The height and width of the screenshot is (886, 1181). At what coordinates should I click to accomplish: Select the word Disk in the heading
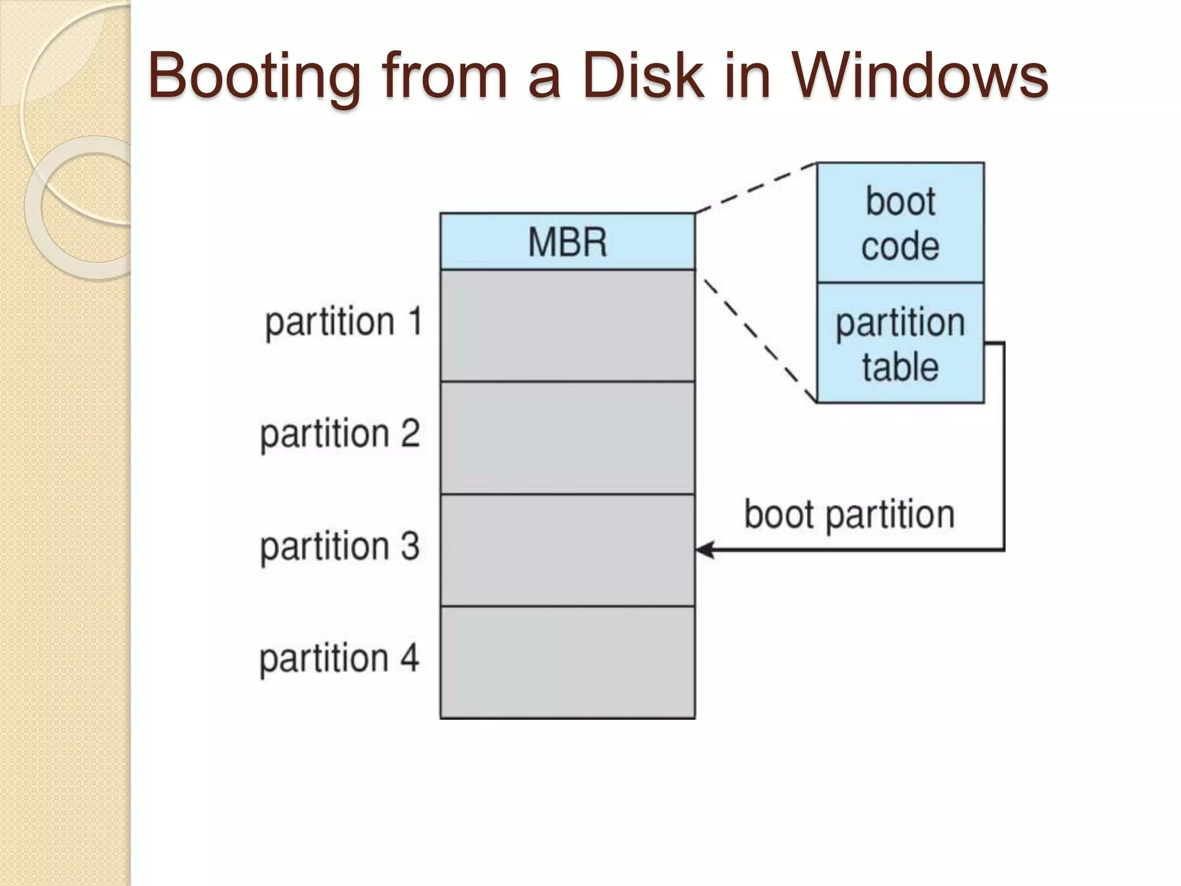tap(642, 75)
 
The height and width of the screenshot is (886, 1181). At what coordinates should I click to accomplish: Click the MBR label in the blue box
tap(567, 242)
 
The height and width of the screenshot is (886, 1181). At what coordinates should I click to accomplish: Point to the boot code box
tap(900, 223)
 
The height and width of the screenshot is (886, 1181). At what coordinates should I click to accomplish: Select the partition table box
tap(900, 344)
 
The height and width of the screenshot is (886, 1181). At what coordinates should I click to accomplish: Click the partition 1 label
tap(344, 321)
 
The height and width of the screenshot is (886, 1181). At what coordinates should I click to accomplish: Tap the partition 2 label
tap(340, 433)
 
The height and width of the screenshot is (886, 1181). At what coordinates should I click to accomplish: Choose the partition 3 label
tap(340, 546)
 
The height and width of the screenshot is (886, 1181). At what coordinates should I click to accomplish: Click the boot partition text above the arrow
tap(849, 514)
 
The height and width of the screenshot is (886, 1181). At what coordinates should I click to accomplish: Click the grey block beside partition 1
tap(567, 326)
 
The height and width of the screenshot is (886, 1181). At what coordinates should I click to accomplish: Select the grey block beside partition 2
tap(567, 438)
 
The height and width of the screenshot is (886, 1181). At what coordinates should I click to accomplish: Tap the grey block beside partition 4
tap(567, 662)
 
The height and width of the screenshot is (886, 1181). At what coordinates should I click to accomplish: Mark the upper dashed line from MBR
tap(755, 187)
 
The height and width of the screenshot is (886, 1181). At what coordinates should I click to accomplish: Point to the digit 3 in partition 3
tap(409, 546)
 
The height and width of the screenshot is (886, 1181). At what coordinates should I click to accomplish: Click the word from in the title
tap(444, 75)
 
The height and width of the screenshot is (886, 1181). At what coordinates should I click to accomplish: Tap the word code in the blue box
tap(900, 247)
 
